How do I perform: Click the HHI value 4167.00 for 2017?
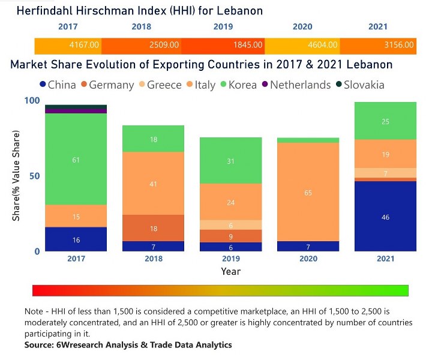[x=84, y=45]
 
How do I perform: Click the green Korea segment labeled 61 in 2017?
[x=76, y=159]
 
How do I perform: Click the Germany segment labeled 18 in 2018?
[x=153, y=228]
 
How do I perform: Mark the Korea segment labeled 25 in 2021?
[x=385, y=121]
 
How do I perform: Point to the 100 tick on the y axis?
[x=31, y=101]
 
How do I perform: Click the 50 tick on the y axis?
[x=33, y=176]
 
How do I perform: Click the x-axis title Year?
[x=230, y=271]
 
